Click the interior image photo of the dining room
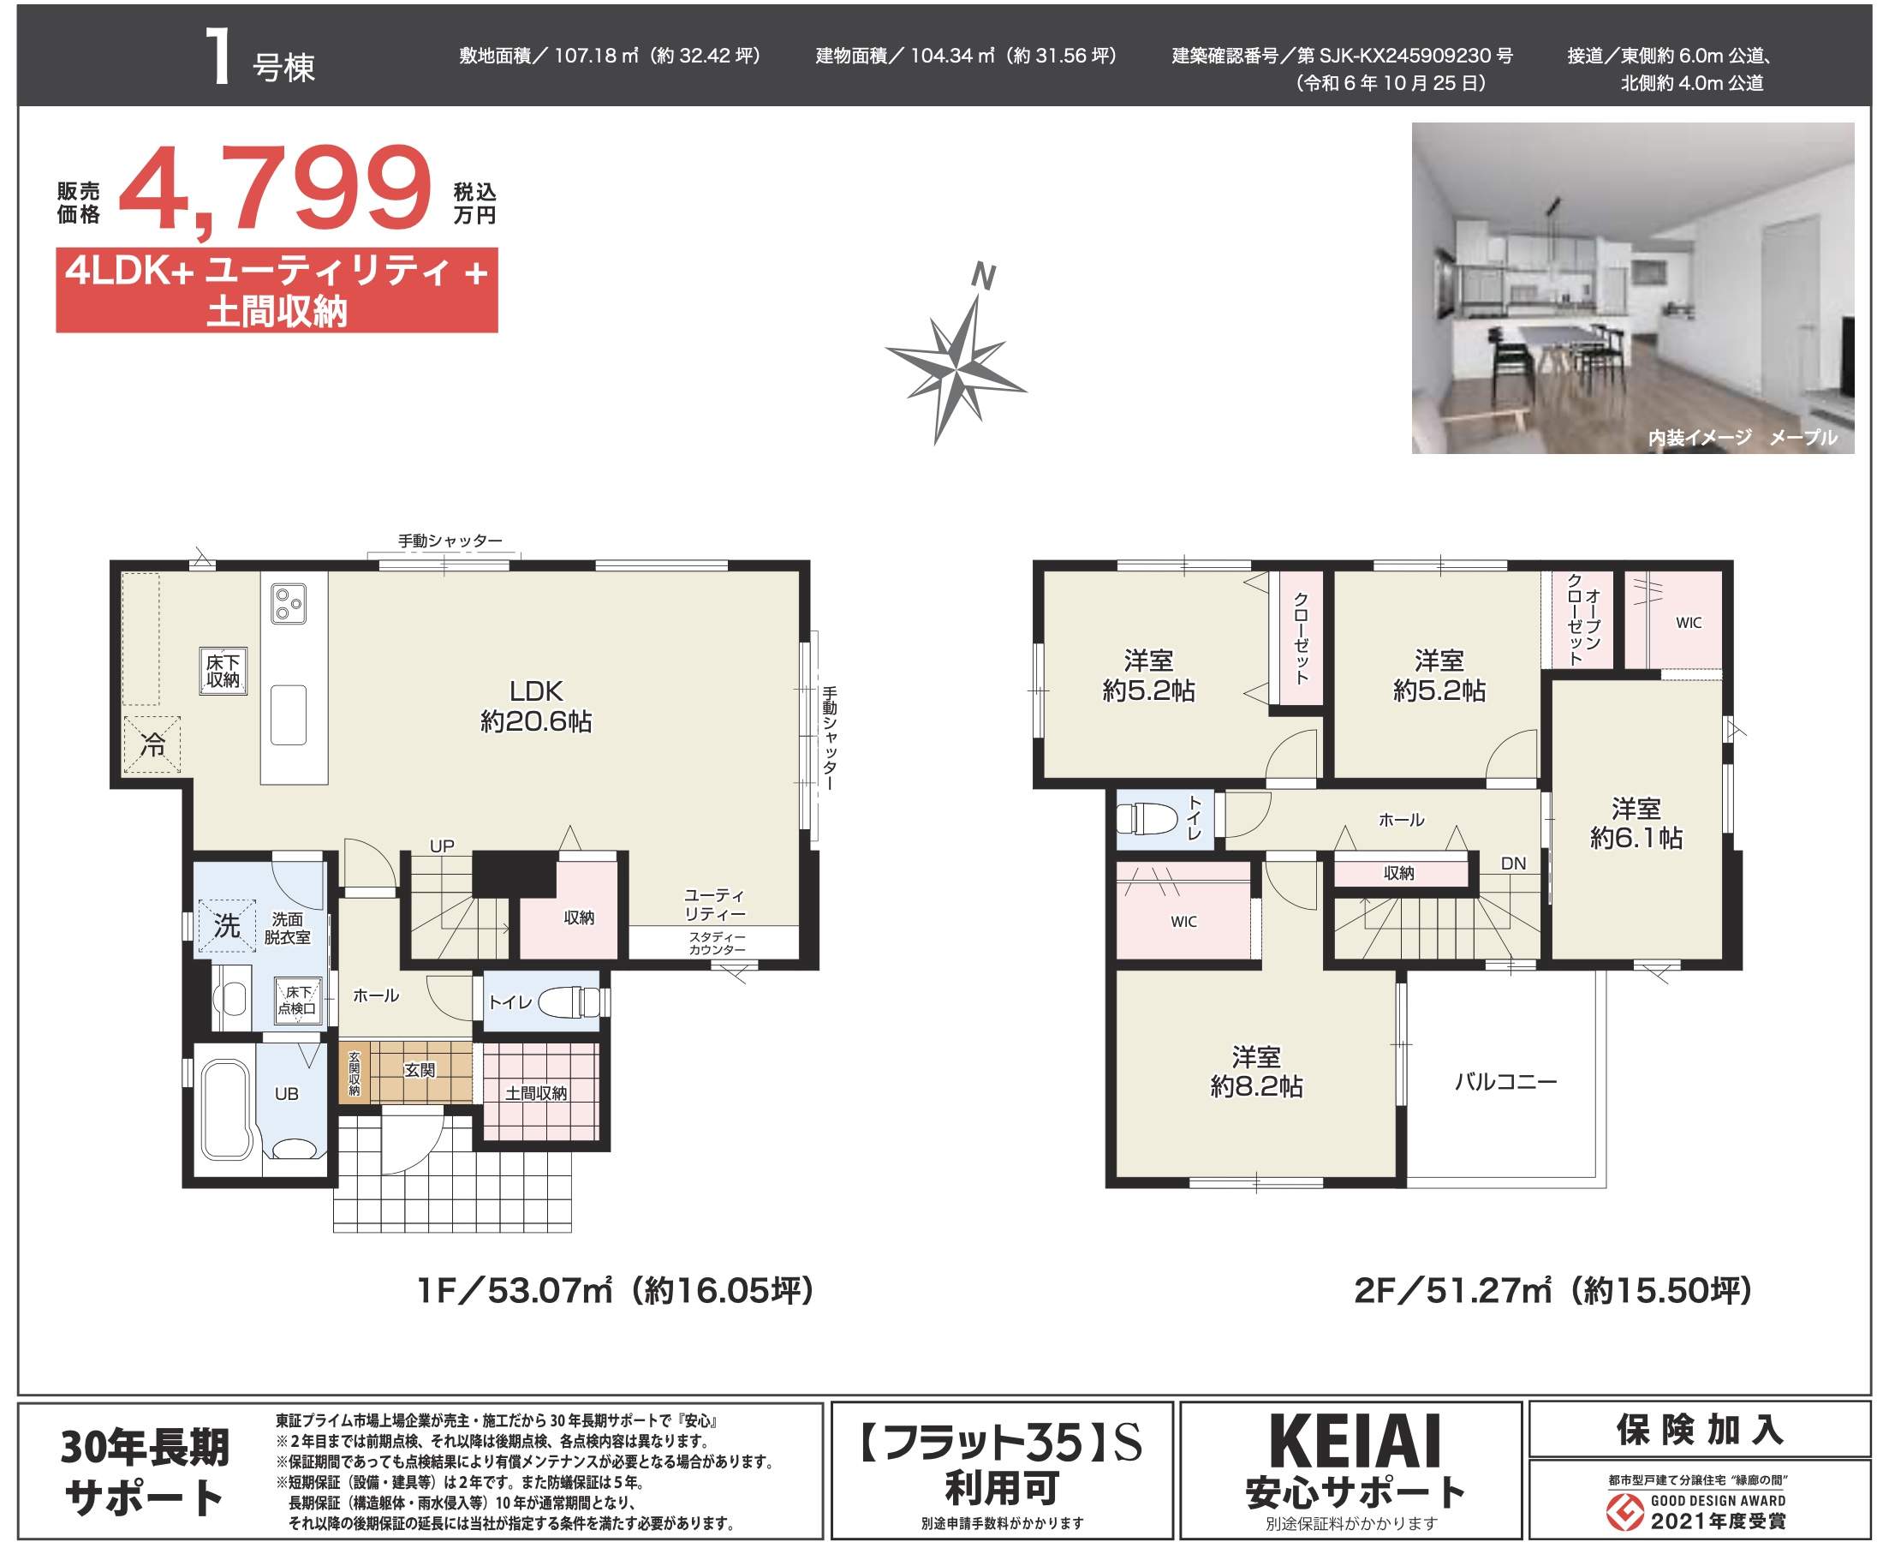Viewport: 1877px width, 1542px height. pyautogui.click(x=1632, y=288)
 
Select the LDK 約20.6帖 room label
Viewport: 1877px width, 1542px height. pyautogui.click(x=535, y=706)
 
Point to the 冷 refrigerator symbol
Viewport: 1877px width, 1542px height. pyautogui.click(x=152, y=745)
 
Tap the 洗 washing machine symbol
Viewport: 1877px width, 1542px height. pyautogui.click(x=226, y=926)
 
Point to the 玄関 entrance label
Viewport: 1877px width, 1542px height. pyautogui.click(x=420, y=1070)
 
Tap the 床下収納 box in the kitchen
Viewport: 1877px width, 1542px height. pyautogui.click(x=222, y=672)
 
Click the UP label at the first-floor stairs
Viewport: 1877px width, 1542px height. pyautogui.click(x=441, y=846)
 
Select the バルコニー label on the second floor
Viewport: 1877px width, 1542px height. pyautogui.click(x=1506, y=1081)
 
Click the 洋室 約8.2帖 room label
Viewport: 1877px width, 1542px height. pyautogui.click(x=1255, y=1071)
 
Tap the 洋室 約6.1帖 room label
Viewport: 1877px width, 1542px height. pyautogui.click(x=1636, y=823)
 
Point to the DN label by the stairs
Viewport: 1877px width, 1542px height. pyautogui.click(x=1513, y=864)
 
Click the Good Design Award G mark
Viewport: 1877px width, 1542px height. pyautogui.click(x=1625, y=1514)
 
